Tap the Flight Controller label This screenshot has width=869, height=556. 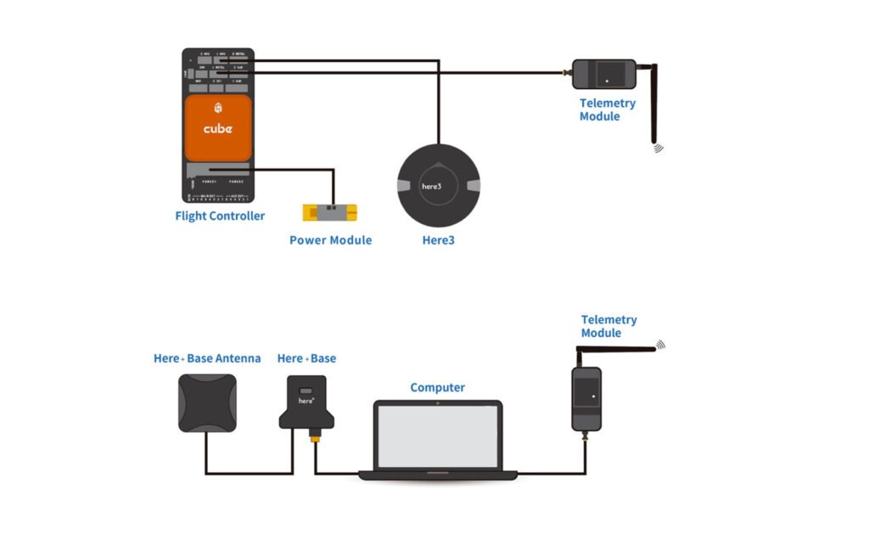(220, 216)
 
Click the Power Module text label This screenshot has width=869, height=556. (330, 240)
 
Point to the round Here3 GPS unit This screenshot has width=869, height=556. (439, 186)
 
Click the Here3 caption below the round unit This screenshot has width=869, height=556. (439, 240)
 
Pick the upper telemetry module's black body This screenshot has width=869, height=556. (604, 74)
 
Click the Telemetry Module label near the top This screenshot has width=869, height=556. (608, 110)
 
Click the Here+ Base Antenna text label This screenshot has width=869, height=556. (207, 358)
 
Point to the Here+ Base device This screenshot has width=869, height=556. (306, 402)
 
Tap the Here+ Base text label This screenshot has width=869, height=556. (306, 358)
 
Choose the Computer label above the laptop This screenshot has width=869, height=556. (437, 388)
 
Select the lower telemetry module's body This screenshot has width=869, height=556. (586, 397)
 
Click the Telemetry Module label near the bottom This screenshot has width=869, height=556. (608, 326)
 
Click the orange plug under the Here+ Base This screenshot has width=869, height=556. (315, 436)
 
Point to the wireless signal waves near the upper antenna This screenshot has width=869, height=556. (659, 149)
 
